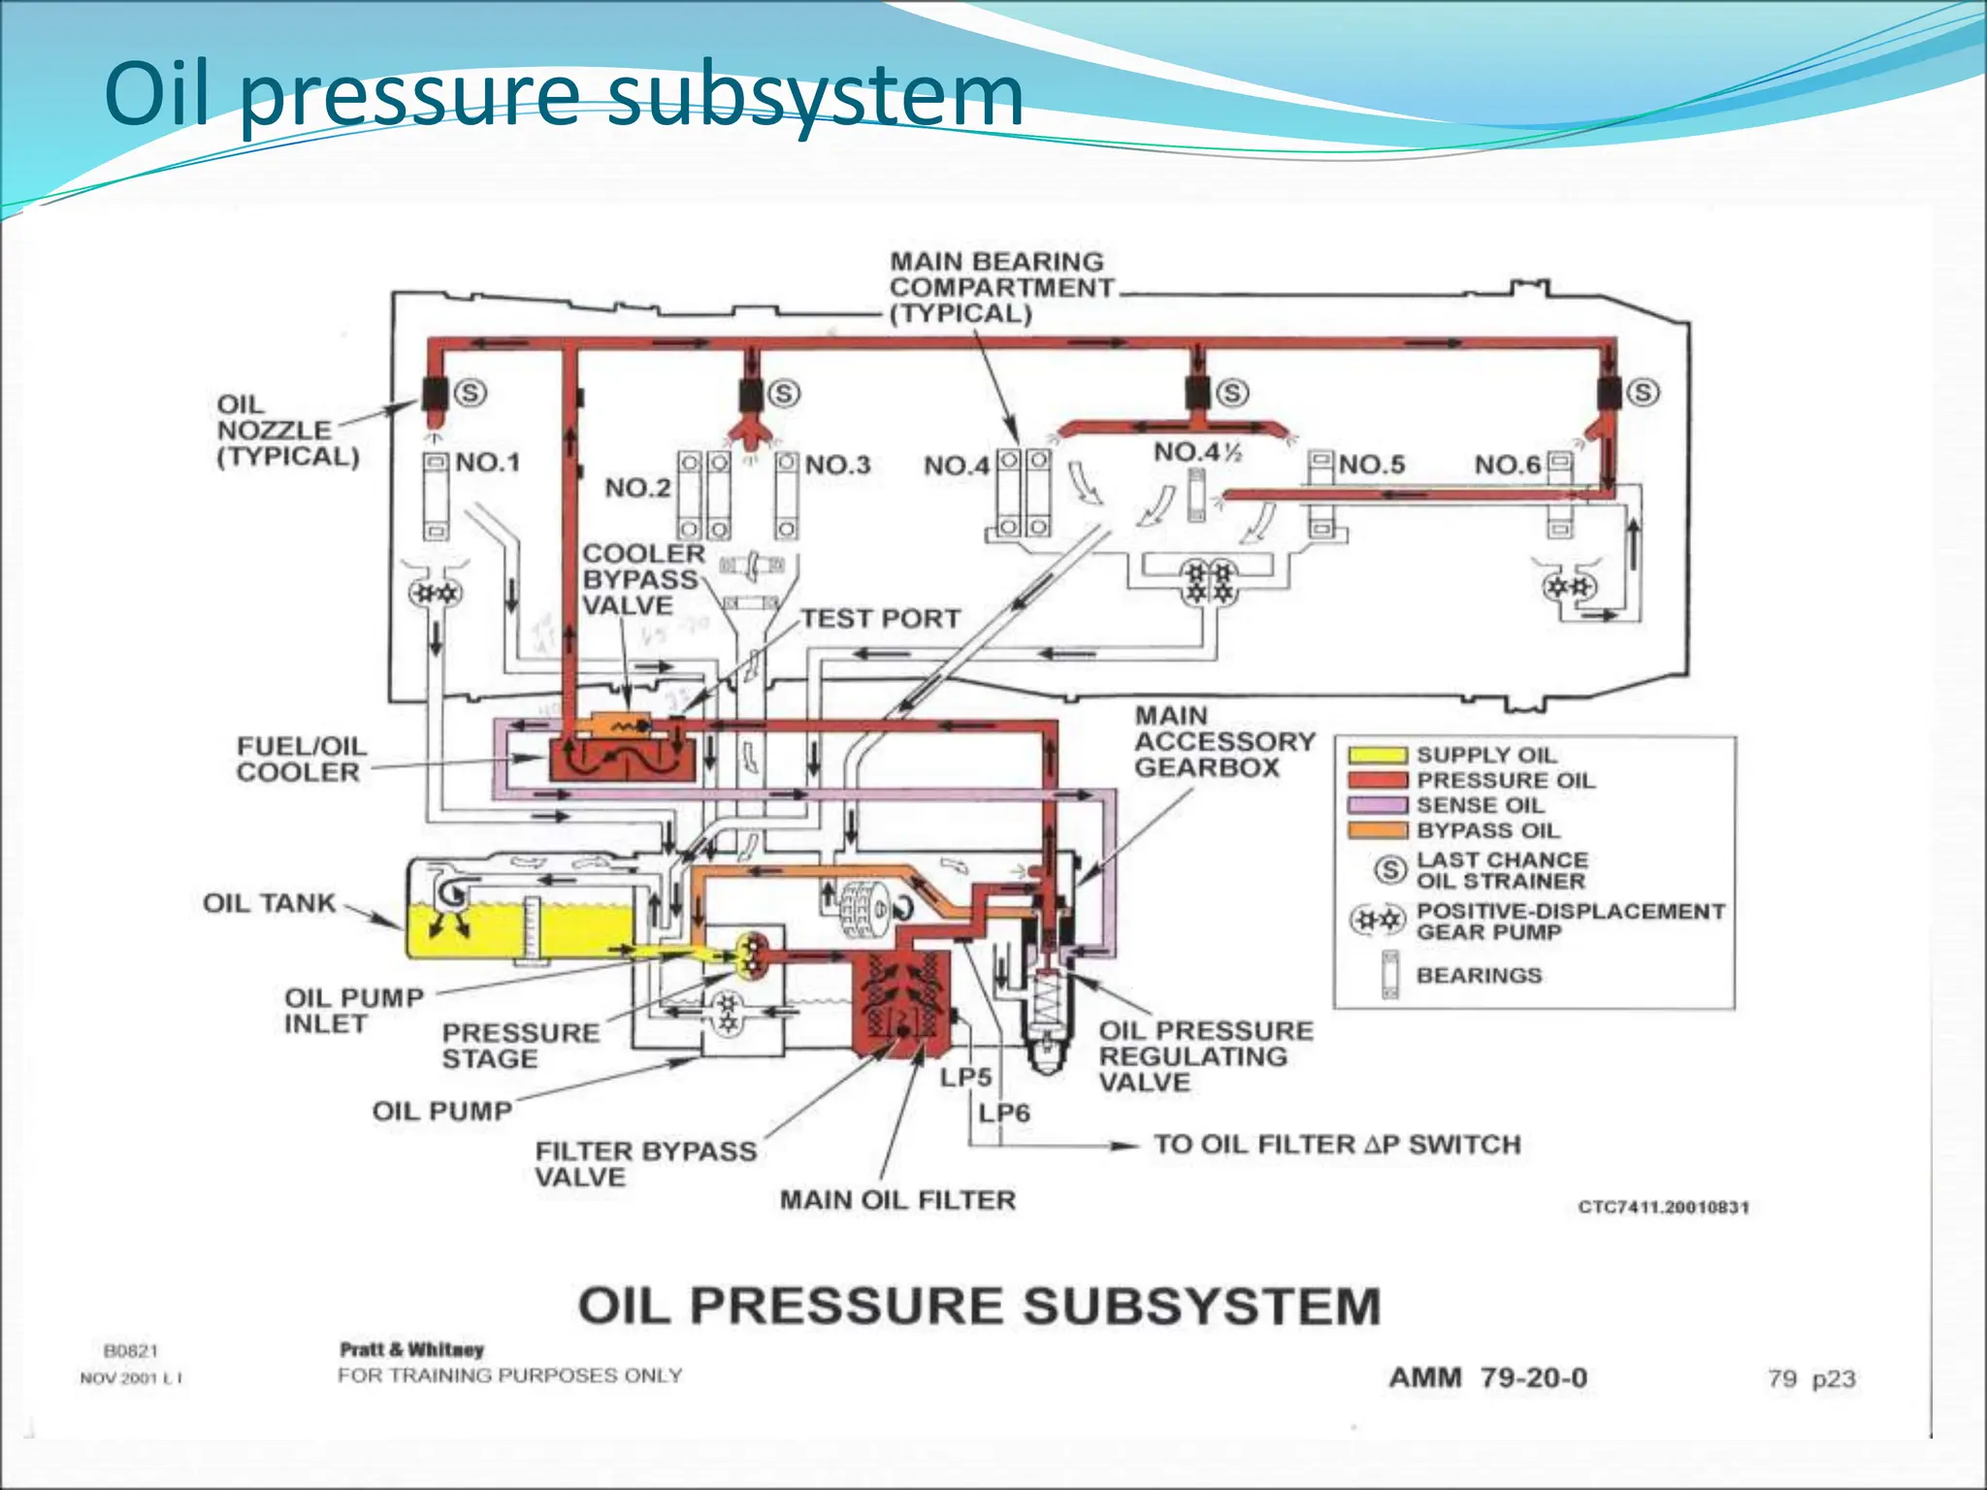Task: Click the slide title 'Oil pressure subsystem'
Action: click(563, 95)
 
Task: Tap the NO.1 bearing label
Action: click(488, 462)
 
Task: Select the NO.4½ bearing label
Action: click(1197, 452)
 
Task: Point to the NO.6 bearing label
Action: click(1507, 466)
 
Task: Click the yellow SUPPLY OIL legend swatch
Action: click(1377, 755)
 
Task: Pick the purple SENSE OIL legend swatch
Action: click(1377, 805)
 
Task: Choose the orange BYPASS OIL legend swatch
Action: click(1377, 830)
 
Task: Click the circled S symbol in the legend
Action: click(1390, 870)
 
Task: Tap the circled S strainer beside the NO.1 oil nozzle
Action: click(471, 393)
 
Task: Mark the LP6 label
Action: click(1004, 1113)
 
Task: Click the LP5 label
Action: click(965, 1078)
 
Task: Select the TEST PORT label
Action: click(880, 619)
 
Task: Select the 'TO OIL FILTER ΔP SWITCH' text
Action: click(1336, 1145)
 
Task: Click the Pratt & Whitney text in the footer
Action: click(411, 1349)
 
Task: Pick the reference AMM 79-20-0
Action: click(1487, 1377)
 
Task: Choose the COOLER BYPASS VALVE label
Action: click(641, 579)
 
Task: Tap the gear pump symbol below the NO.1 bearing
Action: click(434, 592)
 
